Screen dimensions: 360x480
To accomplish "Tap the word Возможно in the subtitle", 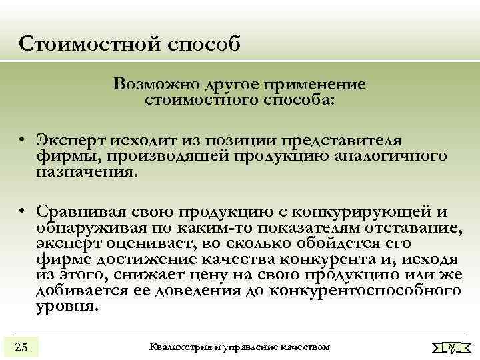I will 147,85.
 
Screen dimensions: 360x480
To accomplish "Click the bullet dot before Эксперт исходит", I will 22,141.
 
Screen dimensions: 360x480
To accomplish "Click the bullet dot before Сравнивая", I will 22,213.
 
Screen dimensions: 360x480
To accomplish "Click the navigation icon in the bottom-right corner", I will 451,347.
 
